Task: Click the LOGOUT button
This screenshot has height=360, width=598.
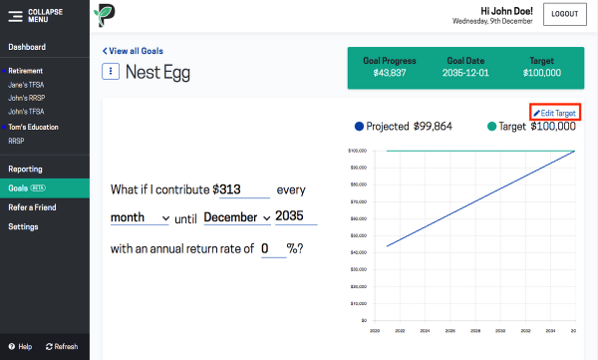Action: pos(564,15)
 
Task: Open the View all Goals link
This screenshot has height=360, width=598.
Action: pos(135,51)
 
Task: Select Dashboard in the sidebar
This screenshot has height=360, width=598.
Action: pos(27,47)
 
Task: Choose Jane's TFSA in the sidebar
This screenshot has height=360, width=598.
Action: pos(27,85)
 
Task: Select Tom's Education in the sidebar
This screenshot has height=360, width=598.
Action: pos(33,127)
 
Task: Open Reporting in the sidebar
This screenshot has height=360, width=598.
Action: pos(25,170)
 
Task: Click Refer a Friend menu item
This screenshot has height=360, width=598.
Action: pos(34,207)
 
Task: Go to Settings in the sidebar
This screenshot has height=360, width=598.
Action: pos(23,226)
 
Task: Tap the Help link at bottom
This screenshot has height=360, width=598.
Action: pos(20,346)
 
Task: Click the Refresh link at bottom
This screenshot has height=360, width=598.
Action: pos(61,346)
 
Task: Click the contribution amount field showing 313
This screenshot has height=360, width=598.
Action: pos(242,189)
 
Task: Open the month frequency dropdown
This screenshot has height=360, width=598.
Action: pos(141,217)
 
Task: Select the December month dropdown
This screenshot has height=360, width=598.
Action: pos(237,217)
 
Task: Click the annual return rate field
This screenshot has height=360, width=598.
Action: pos(273,248)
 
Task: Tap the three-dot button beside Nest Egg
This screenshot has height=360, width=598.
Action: pos(112,72)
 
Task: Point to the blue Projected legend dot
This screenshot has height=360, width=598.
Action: pos(359,127)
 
